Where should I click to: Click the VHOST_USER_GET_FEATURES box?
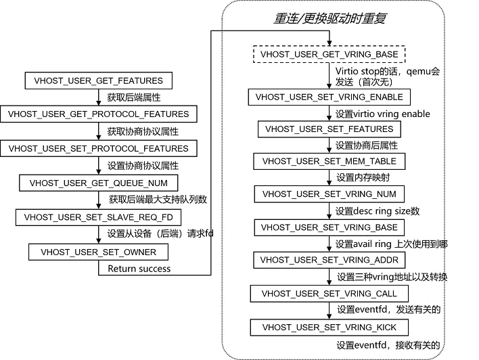98,81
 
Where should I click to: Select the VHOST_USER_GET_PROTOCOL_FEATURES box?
98,114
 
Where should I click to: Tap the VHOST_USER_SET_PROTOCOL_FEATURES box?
98,148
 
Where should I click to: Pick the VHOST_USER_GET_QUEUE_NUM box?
98,183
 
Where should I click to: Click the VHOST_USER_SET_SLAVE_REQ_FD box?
98,217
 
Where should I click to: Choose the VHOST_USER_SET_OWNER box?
98,252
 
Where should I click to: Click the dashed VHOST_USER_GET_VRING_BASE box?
329,53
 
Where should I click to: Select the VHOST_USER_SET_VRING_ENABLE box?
329,97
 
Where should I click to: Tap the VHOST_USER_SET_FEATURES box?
329,129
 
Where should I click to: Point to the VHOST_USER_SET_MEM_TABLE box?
329,162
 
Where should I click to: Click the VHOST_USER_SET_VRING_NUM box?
329,194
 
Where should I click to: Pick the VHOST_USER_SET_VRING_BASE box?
329,227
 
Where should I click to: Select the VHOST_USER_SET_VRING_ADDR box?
329,260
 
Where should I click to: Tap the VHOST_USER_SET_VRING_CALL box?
329,294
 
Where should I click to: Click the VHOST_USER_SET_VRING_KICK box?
329,328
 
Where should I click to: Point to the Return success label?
139,269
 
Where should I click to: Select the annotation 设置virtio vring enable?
383,114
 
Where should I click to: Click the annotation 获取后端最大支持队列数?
157,200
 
